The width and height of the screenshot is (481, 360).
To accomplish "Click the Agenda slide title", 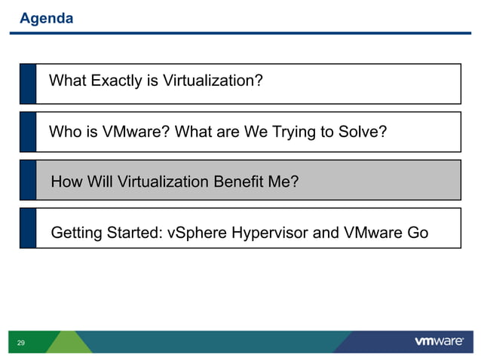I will (x=46, y=18).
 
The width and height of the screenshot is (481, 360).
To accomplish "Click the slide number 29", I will (x=20, y=343).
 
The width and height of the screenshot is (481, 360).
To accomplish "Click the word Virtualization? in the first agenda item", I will (x=210, y=80).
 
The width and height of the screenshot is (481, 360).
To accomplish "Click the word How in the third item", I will (x=66, y=182).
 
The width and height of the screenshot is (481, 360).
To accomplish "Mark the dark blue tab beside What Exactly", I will (x=28, y=84).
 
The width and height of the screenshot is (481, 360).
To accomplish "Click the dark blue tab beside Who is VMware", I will (x=28, y=132).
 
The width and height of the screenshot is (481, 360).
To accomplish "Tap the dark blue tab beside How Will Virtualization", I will (x=28, y=180).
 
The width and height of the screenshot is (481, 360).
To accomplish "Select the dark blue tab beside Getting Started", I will (x=28, y=228).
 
